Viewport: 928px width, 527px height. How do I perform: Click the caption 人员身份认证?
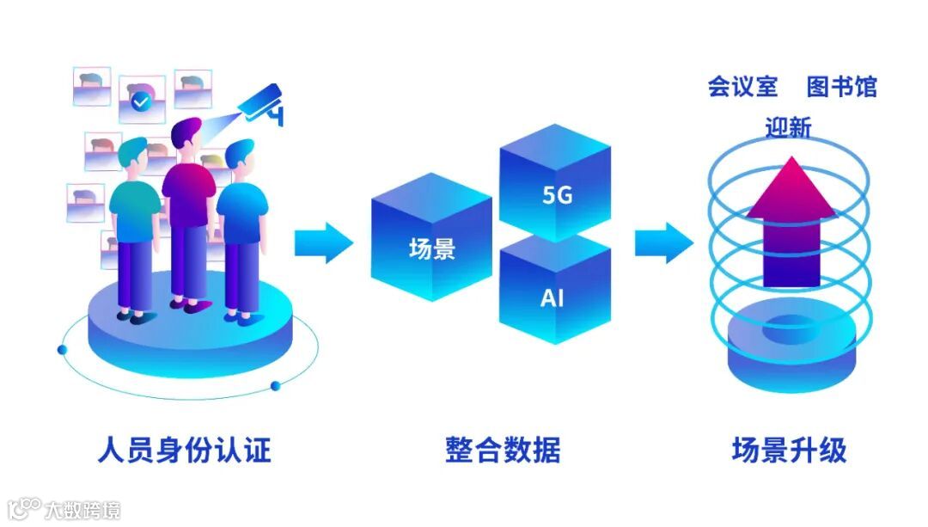point(185,450)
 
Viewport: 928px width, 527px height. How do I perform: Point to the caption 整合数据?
point(503,450)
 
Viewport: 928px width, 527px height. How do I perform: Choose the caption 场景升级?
point(789,450)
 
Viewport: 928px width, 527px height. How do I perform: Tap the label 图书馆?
point(841,87)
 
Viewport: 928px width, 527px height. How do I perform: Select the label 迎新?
point(788,128)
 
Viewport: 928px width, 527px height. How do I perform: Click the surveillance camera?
point(261,104)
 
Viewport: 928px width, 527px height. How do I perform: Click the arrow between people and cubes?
point(323,243)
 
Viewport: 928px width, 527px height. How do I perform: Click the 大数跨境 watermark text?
point(82,510)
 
